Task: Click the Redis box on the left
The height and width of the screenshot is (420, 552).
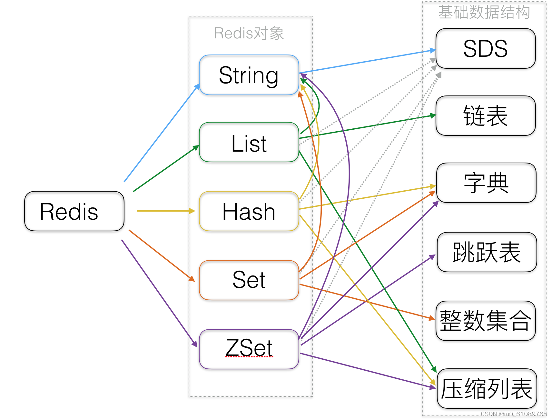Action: point(74,211)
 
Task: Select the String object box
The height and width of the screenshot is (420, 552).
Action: point(249,75)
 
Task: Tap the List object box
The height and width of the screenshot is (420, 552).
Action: point(249,142)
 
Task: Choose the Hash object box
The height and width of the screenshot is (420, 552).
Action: point(249,211)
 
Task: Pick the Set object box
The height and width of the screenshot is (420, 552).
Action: point(249,280)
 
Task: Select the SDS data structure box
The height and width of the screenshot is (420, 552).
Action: point(485,48)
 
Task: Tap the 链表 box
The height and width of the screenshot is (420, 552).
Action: point(485,115)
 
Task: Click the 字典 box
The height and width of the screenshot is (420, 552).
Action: point(486,183)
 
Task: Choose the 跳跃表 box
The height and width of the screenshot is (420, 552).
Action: point(487,252)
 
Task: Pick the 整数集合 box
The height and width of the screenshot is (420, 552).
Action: point(485,321)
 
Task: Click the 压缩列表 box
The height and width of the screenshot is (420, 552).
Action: point(487,388)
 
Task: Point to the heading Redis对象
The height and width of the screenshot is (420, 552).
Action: point(249,33)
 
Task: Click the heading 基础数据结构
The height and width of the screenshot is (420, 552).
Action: point(484,12)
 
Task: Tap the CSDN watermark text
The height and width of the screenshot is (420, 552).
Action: point(513,414)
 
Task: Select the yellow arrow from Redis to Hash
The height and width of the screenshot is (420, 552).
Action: point(164,211)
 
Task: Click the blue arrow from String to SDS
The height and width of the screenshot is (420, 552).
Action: point(368,61)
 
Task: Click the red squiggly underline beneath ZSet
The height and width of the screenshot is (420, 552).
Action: point(249,357)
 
